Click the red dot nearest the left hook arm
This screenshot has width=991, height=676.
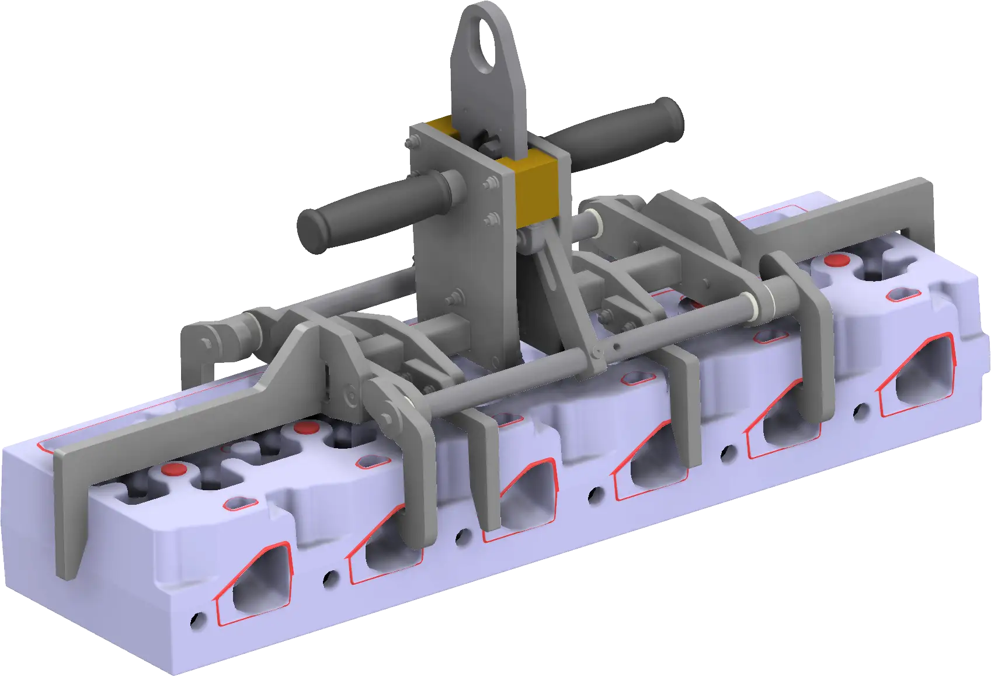(175, 469)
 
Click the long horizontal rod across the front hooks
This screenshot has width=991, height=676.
(526, 374)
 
